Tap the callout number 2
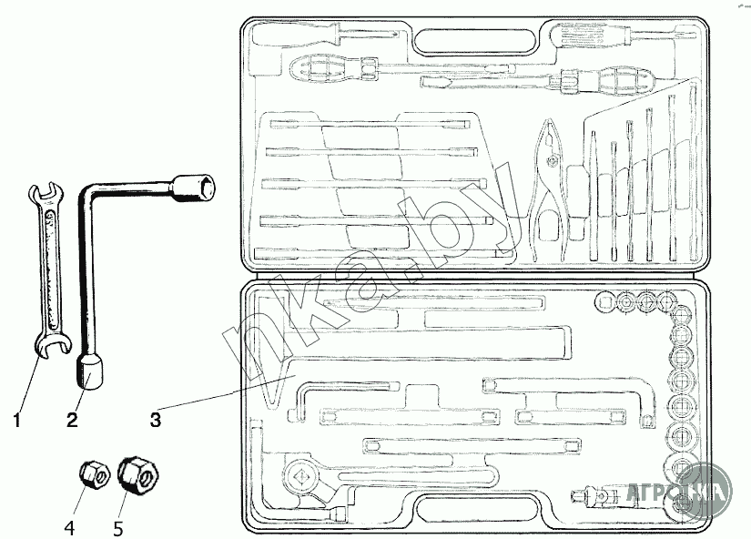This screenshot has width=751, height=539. [x=72, y=420]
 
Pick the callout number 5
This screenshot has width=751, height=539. [x=118, y=525]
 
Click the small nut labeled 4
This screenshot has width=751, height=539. [x=91, y=473]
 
